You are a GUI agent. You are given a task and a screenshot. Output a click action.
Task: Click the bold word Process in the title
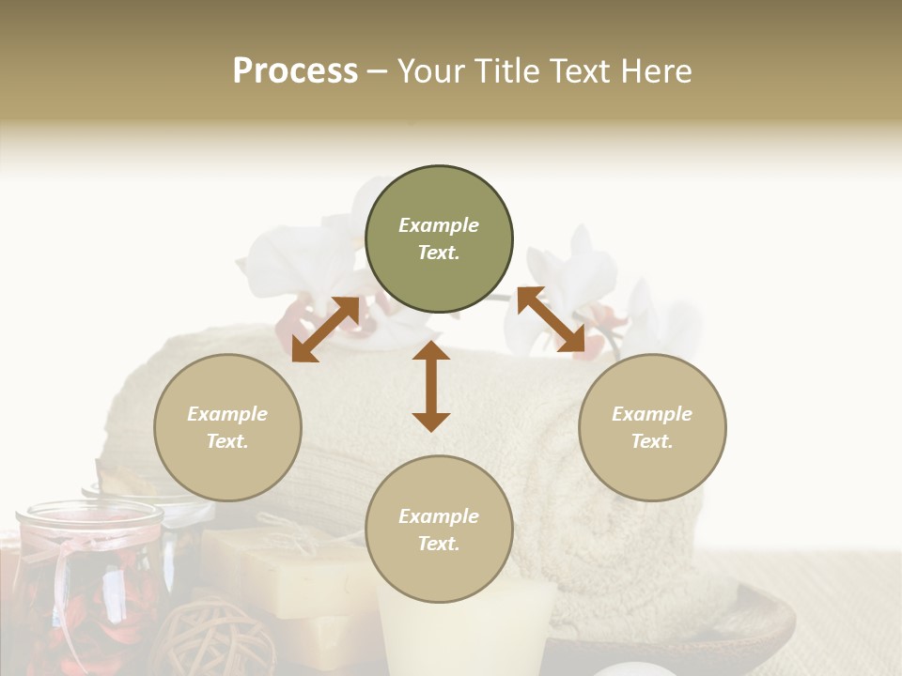coord(295,71)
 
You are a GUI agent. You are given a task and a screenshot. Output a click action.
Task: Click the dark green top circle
coord(439,239)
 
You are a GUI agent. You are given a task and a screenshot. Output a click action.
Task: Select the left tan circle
coord(227,427)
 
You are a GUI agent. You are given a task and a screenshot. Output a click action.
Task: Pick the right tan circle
coord(652,427)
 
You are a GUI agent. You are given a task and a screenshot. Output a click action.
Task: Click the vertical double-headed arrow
coord(431,386)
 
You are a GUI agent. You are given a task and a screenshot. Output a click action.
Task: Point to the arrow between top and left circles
coord(325,330)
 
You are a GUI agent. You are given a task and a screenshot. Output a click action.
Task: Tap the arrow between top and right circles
coord(551,320)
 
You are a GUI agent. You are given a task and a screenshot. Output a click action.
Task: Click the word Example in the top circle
coord(439,225)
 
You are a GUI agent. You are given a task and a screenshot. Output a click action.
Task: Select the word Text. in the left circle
coord(227,441)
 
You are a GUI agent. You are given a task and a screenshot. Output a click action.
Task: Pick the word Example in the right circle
coord(652,414)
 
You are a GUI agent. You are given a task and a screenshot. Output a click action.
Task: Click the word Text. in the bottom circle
coord(439,544)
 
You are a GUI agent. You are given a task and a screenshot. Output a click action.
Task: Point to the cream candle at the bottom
coord(464,629)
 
